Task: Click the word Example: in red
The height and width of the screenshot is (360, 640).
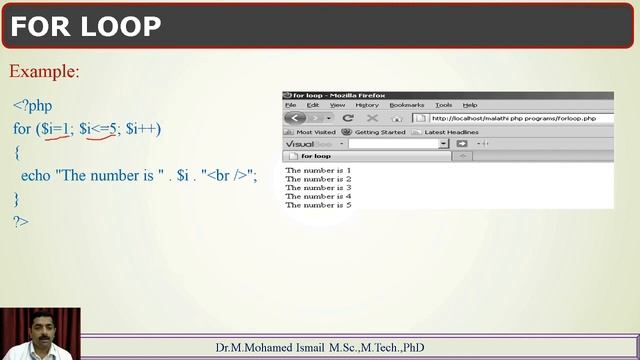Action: [44, 72]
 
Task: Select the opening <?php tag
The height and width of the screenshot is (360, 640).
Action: [32, 105]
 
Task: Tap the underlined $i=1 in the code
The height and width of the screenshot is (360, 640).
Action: [54, 129]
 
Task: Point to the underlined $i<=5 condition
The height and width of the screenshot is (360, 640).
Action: [99, 129]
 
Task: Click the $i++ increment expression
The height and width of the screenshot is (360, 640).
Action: [143, 129]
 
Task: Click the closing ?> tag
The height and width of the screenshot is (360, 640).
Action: [21, 221]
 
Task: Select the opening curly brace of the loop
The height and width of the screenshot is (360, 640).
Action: [17, 152]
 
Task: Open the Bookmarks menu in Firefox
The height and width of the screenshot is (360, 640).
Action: [407, 105]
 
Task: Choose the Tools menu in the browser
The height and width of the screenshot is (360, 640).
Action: [443, 105]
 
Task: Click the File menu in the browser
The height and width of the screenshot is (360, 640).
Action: [290, 105]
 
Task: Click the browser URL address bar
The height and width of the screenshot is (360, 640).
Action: [520, 118]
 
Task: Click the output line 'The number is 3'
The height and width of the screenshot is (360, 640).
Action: [318, 187]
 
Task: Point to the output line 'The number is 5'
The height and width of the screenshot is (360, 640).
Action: [318, 204]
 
